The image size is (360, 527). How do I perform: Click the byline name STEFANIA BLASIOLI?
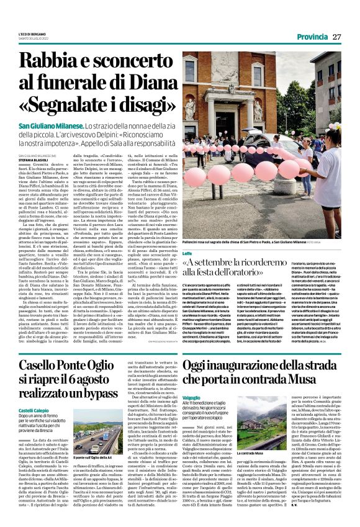[x=35, y=159]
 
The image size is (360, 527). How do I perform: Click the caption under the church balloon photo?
[x=238, y=240]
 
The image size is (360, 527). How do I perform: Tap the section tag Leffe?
[x=188, y=253]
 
